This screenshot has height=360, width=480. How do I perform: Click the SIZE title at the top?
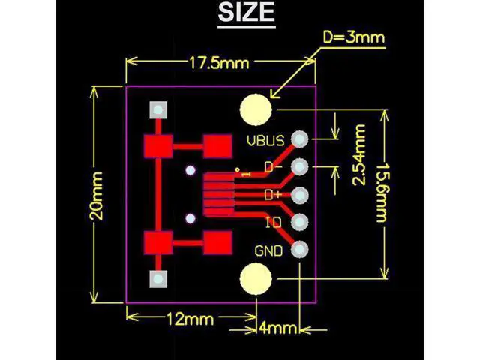[x=247, y=12]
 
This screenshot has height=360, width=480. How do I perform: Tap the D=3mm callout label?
[x=354, y=37]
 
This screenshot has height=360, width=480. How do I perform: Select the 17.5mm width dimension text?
[x=219, y=63]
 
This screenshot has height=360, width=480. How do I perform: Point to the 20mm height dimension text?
[x=97, y=196]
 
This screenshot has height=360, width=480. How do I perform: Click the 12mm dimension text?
[x=190, y=319]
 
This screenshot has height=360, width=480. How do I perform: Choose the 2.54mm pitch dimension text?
[x=359, y=155]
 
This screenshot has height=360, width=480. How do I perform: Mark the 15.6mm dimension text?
[x=382, y=193]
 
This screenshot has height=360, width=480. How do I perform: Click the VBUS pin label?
[x=265, y=141]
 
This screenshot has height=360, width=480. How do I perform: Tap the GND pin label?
[x=268, y=251]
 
